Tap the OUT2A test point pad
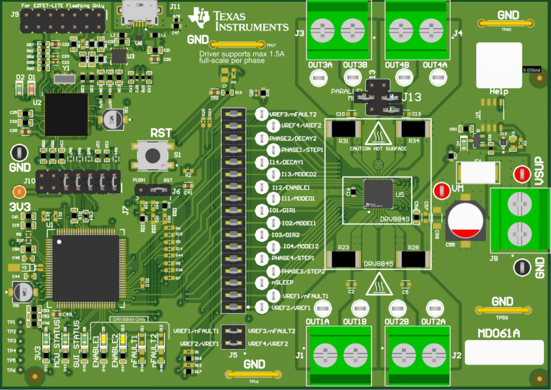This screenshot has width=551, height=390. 433,308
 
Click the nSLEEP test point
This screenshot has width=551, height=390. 260,283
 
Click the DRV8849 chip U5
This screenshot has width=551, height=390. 378,194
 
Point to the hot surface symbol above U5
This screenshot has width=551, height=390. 378,134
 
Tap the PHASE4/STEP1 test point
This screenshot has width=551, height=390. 260,259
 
